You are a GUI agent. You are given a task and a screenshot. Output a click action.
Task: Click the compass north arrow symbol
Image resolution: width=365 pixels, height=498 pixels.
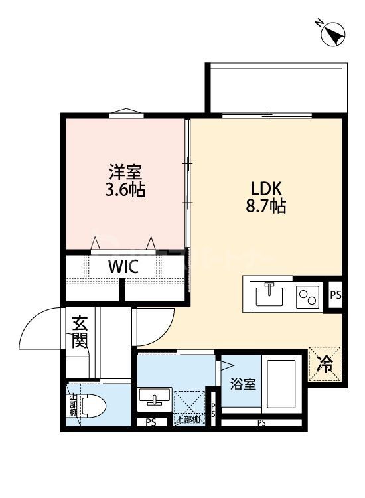[331, 33]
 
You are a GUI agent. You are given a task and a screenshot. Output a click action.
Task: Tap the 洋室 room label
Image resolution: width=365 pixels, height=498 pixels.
[125, 171]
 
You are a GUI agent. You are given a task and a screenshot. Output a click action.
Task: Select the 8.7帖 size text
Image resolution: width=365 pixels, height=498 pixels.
[266, 207]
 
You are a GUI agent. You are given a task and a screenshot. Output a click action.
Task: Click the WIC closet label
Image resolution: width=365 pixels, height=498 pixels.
[123, 267]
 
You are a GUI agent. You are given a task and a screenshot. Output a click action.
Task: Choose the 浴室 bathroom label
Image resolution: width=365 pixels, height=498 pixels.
[243, 384]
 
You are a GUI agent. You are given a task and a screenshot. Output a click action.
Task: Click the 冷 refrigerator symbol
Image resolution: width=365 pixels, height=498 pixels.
[326, 363]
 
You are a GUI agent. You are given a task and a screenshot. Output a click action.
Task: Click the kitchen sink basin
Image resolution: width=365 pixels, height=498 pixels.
[269, 293]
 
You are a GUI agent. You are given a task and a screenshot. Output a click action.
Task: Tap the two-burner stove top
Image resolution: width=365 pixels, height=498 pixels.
[307, 294]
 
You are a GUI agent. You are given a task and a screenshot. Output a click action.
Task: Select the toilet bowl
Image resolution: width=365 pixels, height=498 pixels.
[93, 406]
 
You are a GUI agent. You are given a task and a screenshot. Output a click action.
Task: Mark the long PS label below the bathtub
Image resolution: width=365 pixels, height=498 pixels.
[261, 423]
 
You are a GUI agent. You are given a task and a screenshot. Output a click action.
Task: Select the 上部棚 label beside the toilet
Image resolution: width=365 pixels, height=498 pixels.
[72, 406]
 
